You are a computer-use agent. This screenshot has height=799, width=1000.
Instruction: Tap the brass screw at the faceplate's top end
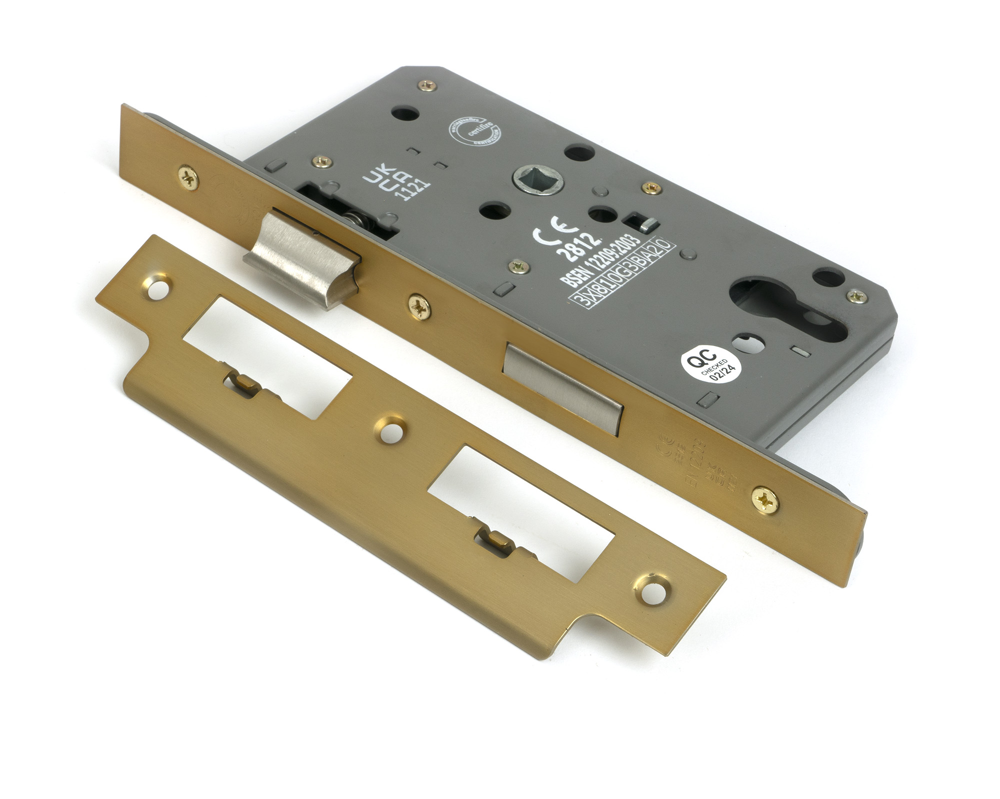click(x=189, y=177)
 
